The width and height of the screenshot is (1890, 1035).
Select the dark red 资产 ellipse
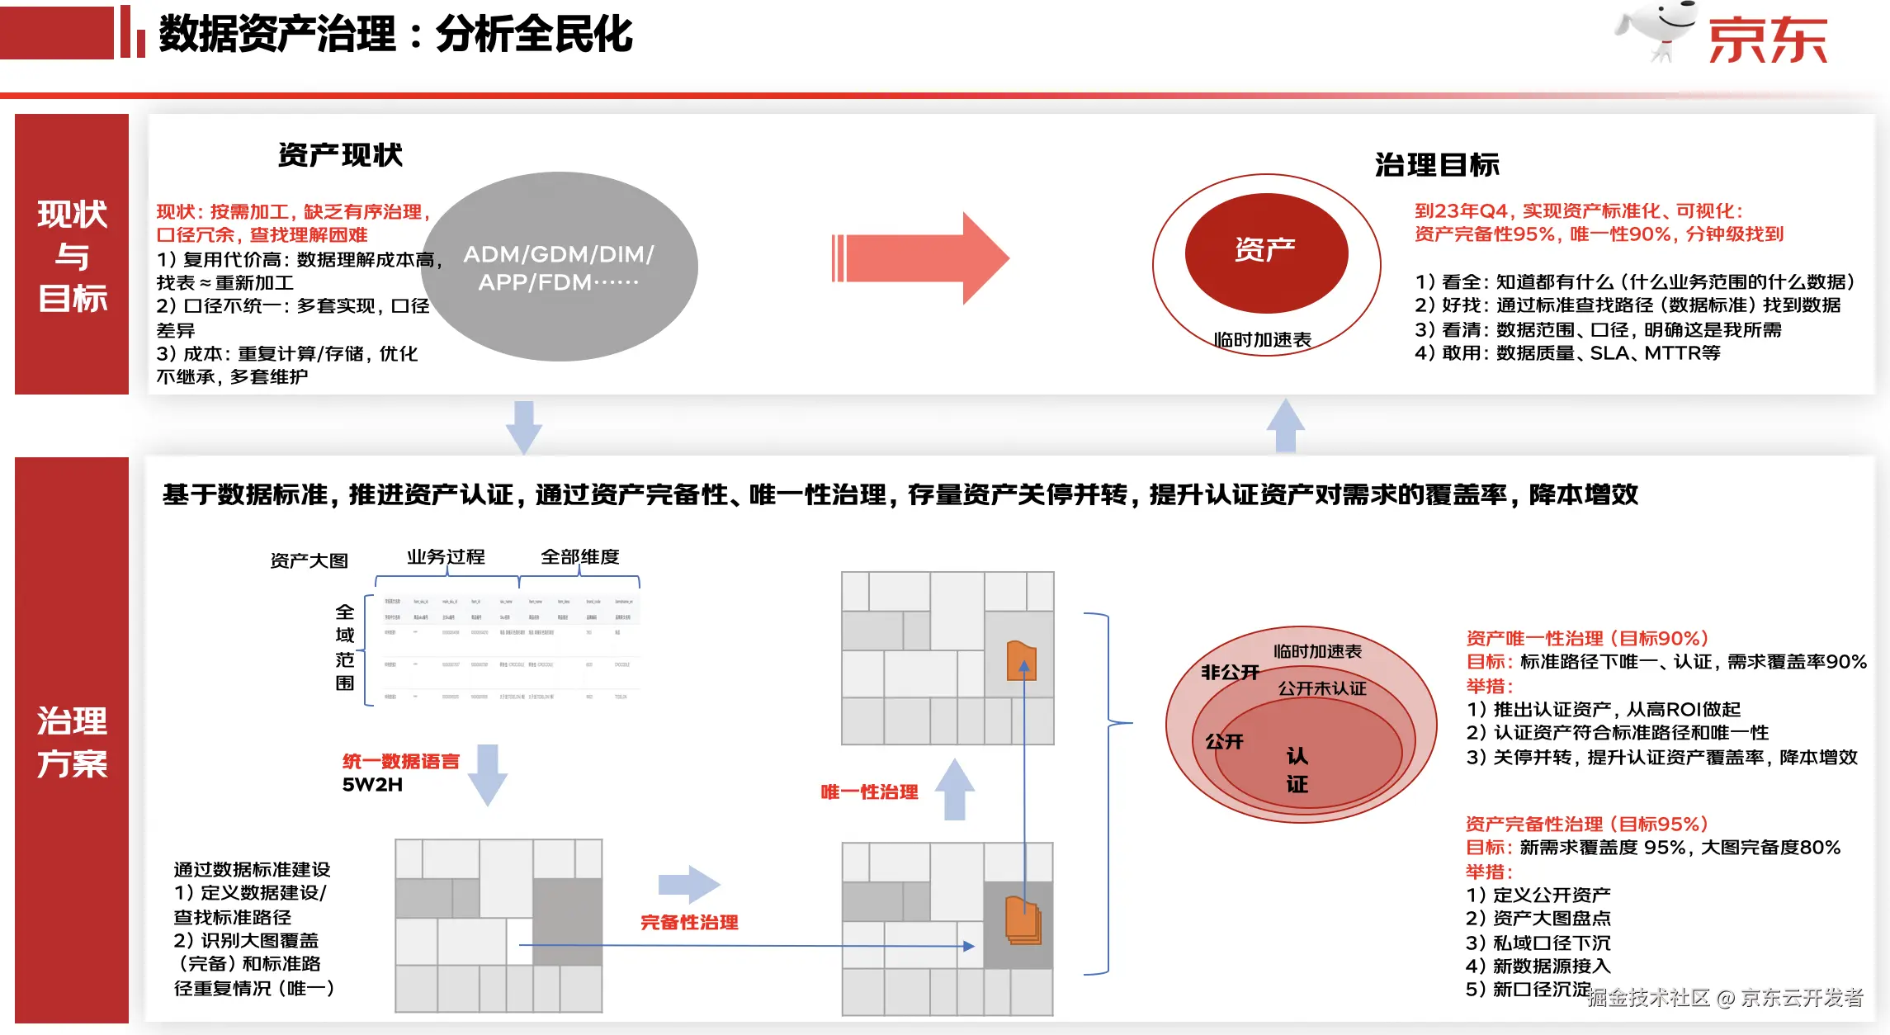click(1266, 252)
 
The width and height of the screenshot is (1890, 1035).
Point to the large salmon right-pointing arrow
click(920, 258)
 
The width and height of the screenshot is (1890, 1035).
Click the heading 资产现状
click(340, 155)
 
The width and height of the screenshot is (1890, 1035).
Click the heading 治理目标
click(1437, 165)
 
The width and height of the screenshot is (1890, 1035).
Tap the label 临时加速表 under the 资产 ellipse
click(1262, 340)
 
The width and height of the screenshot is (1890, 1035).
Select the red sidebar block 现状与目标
click(72, 254)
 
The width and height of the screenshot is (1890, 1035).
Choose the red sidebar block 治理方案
click(72, 740)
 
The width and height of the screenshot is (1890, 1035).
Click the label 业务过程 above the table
click(446, 557)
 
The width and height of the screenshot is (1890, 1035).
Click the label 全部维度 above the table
click(579, 557)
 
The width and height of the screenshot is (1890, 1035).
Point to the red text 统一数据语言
click(400, 761)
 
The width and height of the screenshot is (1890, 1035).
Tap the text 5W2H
click(372, 785)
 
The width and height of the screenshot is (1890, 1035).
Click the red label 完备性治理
click(689, 923)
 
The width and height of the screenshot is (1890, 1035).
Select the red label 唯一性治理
click(869, 792)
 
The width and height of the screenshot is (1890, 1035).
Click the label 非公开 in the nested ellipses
click(1230, 673)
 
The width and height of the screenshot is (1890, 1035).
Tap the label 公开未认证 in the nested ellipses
click(1321, 688)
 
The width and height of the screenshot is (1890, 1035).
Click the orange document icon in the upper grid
click(1021, 661)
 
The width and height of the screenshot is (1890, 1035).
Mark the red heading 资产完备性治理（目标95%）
click(1586, 824)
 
